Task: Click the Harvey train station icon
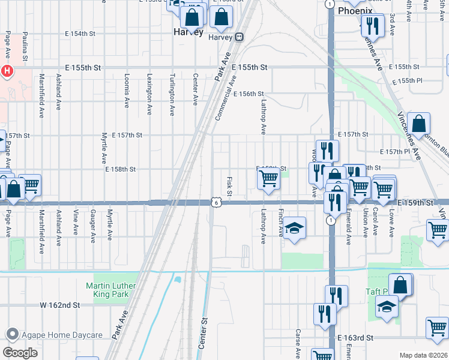(239, 37)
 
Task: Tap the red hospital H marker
(7, 71)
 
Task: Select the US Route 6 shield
(214, 203)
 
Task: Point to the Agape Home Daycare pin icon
(11, 335)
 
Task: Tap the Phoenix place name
(355, 11)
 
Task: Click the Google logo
(20, 352)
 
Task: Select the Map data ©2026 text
(423, 355)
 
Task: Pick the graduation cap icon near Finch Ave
(294, 228)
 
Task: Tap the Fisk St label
(229, 185)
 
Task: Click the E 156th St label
(249, 94)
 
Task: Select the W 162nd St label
(60, 305)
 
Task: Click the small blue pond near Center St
(177, 279)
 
